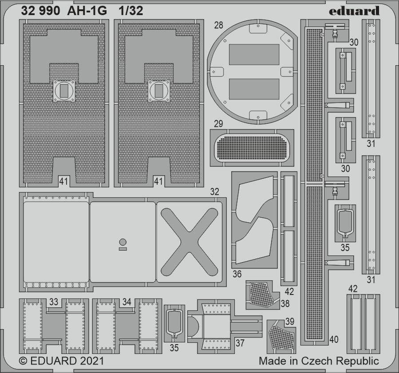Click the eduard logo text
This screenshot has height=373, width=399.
coord(354,11)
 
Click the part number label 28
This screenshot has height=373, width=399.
coord(219,25)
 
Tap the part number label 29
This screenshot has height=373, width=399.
coord(218,124)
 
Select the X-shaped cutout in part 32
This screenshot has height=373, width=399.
coord(190,242)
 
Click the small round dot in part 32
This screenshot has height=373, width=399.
coord(123,242)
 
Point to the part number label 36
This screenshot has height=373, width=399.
coord(237,274)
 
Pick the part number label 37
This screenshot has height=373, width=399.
coord(240,343)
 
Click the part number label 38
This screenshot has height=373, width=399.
coord(285,303)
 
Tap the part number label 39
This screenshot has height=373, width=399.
coord(290,322)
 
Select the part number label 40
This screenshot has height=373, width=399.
coord(334,339)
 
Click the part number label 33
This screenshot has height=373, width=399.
coord(54,302)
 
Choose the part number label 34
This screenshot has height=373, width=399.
coord(127,302)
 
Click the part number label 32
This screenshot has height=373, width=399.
coord(214,192)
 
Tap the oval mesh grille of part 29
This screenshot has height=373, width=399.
coord(252,148)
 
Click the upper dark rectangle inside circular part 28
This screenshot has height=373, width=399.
coord(254,55)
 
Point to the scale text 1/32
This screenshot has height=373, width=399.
coord(131,11)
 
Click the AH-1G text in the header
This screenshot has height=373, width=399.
coord(87,11)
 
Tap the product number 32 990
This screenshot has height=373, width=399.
coord(40,11)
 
